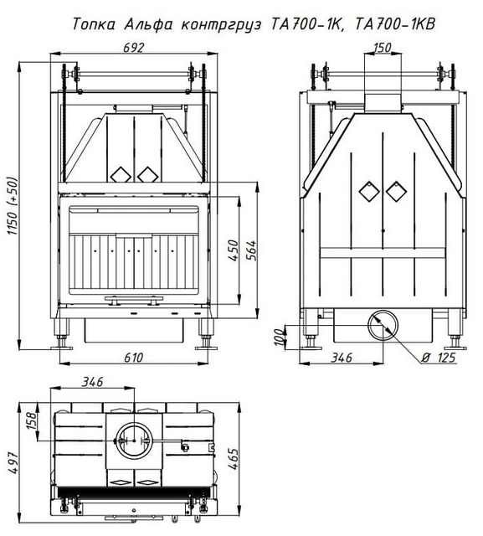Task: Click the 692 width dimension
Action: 134,48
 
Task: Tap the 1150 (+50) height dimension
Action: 13,206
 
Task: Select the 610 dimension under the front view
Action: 133,358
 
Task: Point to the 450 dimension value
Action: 233,250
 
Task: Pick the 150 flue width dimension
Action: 382,48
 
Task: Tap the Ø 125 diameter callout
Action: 439,358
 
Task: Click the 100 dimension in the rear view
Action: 280,337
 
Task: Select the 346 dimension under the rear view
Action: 342,358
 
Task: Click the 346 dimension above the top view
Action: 92,382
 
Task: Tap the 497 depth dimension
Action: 13,463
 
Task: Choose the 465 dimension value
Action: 233,459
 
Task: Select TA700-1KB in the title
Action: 396,24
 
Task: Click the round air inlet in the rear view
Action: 383,326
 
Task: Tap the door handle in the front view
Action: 134,300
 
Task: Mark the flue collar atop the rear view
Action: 383,102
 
